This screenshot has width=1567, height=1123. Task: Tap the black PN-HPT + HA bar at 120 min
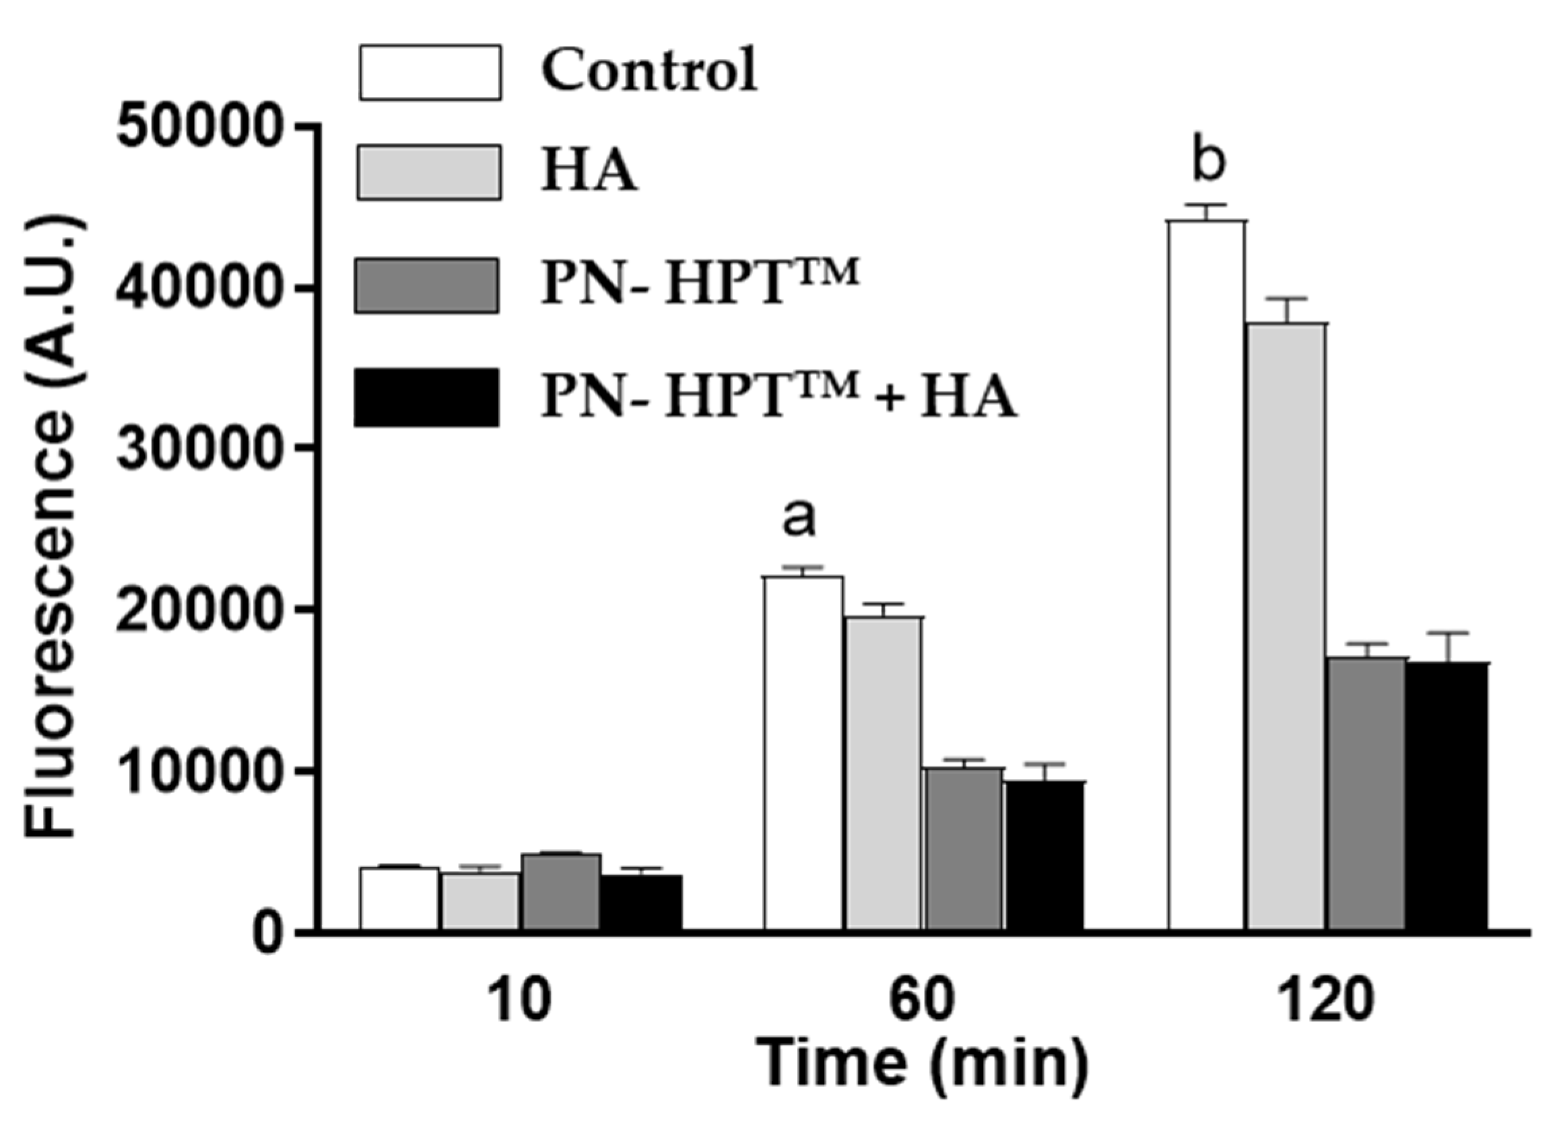pos(1446,796)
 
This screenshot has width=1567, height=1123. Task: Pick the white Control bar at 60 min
pos(803,752)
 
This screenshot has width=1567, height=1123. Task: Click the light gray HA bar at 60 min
pos(883,773)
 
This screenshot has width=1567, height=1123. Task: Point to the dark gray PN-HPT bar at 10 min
pos(560,892)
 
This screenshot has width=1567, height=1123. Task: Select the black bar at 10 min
pos(640,903)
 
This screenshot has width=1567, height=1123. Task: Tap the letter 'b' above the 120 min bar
pos(1208,162)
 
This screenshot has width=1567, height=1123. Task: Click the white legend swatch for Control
pos(430,73)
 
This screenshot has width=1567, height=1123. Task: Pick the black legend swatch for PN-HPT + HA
pos(426,397)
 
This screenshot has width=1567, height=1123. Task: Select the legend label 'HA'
pos(589,172)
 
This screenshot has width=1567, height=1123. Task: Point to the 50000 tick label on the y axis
pos(200,129)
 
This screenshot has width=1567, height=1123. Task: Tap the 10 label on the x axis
pos(521,1002)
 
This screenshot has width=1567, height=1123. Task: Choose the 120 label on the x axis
pos(1326,1002)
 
